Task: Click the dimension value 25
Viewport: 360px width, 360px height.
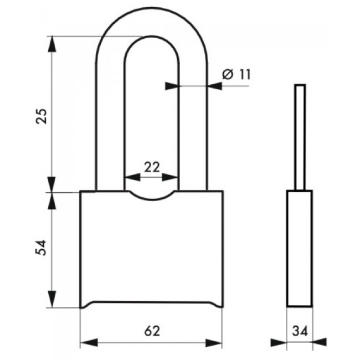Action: click(42, 116)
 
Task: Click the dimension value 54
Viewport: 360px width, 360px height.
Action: click(42, 248)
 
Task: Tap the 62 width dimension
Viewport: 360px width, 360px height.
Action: click(152, 331)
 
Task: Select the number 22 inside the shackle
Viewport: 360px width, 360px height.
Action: click(152, 167)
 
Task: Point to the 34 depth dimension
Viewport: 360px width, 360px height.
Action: click(300, 331)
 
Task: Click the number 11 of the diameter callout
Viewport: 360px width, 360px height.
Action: click(244, 74)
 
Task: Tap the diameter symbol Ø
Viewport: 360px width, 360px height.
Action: click(228, 74)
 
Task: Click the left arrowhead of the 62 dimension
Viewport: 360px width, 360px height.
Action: click(89, 342)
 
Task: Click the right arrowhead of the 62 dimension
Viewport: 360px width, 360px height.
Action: click(214, 342)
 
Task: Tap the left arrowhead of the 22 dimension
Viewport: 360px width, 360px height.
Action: click(132, 177)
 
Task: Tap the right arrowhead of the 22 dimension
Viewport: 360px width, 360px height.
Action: click(170, 177)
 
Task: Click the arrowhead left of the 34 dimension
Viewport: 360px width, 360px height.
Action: click(279, 342)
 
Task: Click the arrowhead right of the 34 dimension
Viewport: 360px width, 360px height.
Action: click(320, 342)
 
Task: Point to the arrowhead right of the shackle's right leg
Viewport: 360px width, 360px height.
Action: click(214, 86)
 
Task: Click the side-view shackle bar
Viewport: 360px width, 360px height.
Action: click(300, 137)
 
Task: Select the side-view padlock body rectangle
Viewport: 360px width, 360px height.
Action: click(300, 249)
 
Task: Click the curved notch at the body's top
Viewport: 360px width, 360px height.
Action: click(152, 196)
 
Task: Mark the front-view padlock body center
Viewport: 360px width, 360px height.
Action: click(152, 250)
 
